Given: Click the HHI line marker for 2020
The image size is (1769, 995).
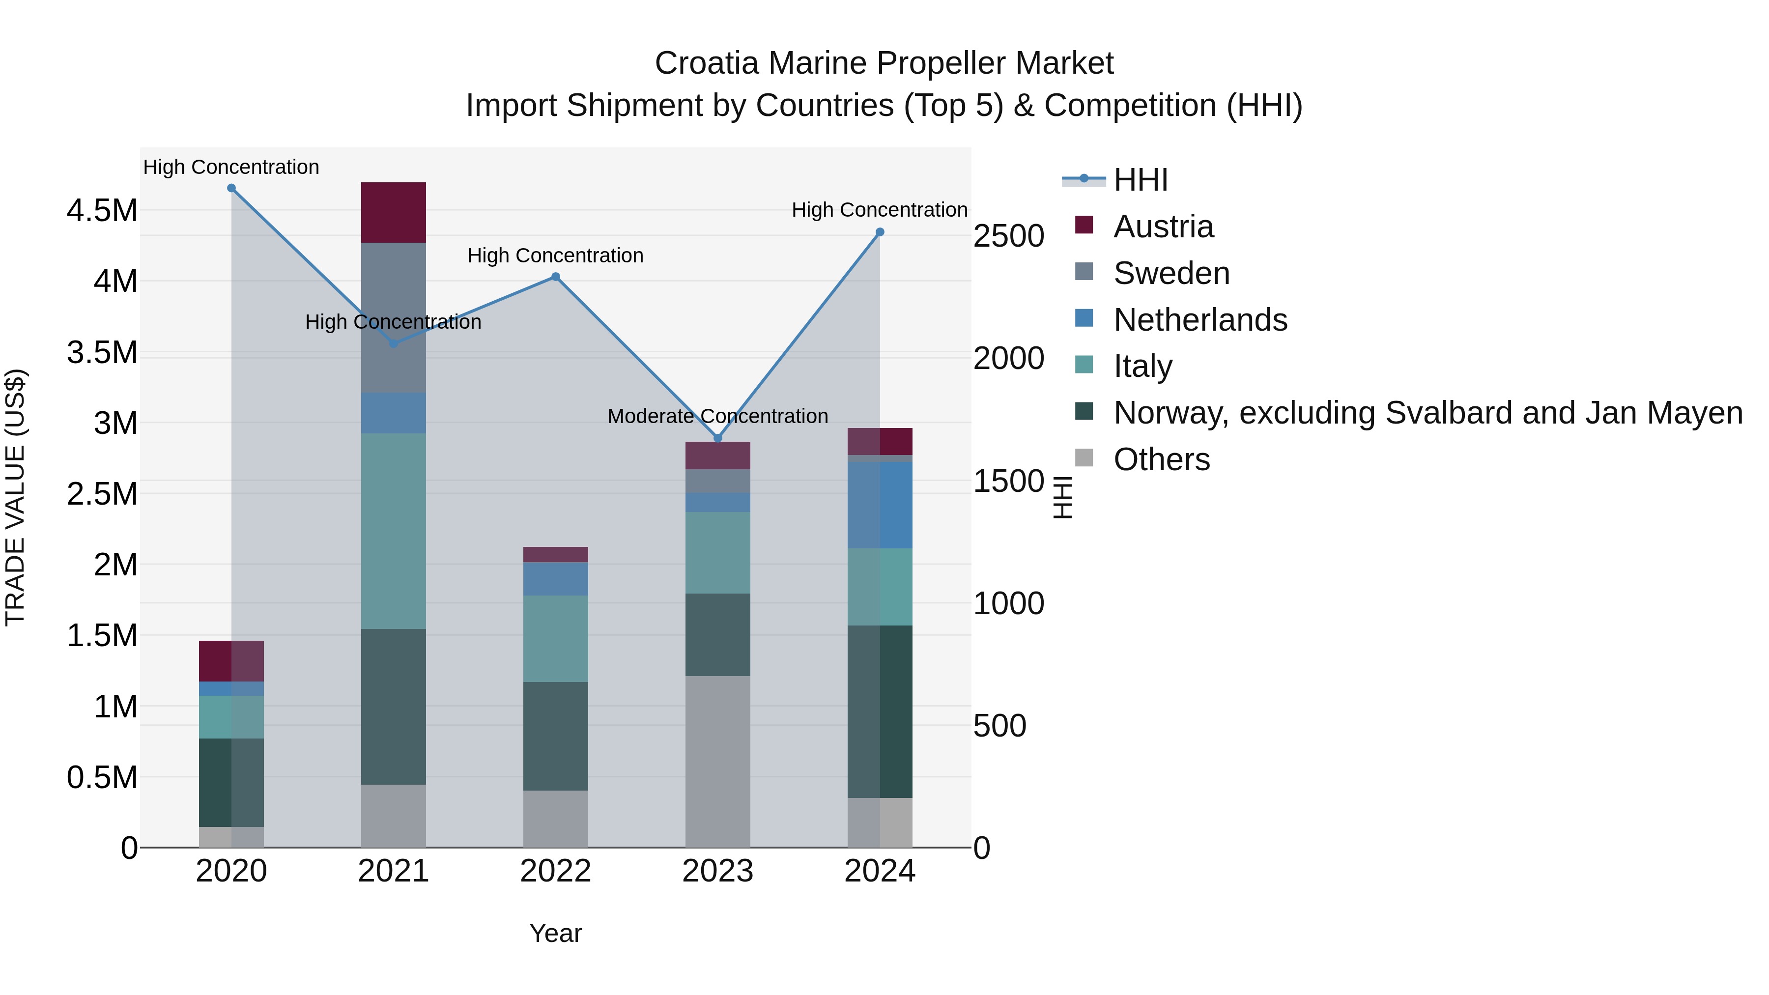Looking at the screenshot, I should click(x=231, y=188).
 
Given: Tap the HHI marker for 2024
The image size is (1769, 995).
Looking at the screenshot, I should click(x=880, y=232).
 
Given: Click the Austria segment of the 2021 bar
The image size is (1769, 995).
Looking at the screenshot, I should click(x=394, y=212).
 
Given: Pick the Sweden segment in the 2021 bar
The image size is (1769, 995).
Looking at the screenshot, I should click(x=394, y=317).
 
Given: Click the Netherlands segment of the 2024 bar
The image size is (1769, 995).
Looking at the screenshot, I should click(x=880, y=505).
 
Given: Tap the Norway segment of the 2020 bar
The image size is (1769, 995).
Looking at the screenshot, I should click(x=231, y=782).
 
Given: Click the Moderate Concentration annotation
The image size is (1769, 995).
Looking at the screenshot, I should click(x=717, y=416).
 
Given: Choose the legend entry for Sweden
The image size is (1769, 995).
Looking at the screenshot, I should click(x=1171, y=273).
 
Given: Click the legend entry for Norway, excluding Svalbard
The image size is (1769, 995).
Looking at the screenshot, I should click(x=1427, y=413).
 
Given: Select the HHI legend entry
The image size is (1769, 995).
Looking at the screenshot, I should click(x=1140, y=180).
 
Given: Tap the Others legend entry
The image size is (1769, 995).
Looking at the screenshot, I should click(x=1161, y=459).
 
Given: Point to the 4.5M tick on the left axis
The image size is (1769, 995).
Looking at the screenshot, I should click(x=102, y=210).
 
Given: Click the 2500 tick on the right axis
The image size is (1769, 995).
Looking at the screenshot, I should click(x=1009, y=235).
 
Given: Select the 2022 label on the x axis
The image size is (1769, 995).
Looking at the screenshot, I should click(x=556, y=871).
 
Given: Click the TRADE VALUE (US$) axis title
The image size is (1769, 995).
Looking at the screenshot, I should click(x=15, y=497).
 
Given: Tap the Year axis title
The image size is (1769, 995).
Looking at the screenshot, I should click(x=556, y=933).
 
